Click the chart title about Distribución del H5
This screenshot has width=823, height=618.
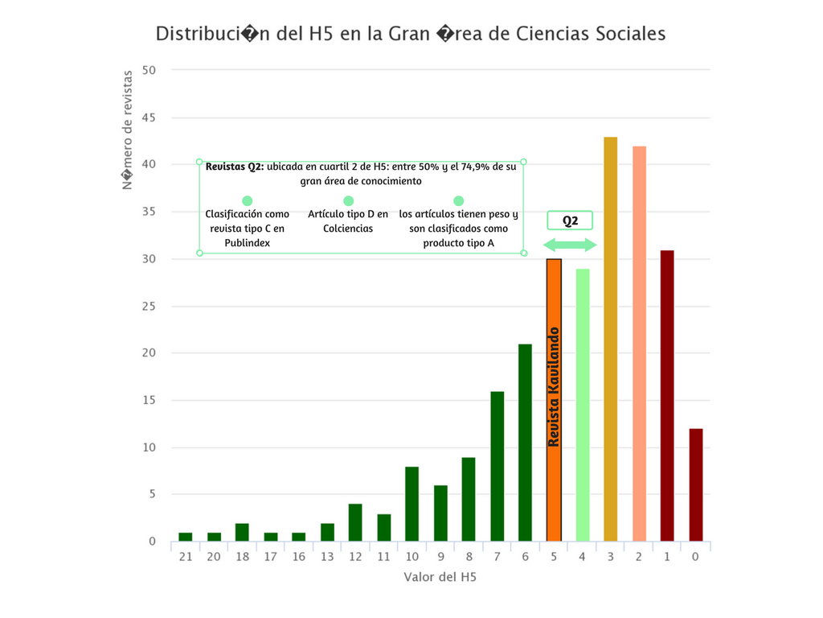411,34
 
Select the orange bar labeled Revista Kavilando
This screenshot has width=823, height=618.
554,400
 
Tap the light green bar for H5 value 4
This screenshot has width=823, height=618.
582,405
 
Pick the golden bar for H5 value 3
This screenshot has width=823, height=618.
611,339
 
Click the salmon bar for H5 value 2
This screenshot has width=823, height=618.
639,344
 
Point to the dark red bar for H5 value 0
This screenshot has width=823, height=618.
696,485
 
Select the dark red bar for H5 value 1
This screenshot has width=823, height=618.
667,396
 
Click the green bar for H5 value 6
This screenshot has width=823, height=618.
525,443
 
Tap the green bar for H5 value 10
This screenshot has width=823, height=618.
411,504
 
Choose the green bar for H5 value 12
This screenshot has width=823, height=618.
354,523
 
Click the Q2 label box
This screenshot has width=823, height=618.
570,221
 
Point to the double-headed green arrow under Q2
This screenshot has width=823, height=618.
570,245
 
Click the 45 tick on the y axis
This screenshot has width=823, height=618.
150,117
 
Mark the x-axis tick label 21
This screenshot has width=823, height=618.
185,556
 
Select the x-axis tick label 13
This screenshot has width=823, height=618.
327,556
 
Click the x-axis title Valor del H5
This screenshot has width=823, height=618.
440,577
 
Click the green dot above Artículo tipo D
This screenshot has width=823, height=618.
348,201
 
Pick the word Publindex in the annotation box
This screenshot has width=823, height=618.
248,242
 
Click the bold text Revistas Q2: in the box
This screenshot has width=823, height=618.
235,167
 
